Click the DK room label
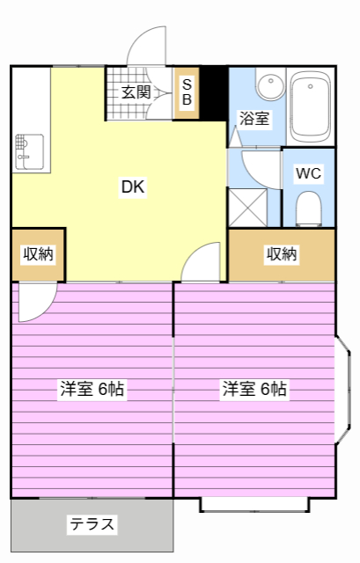click(132, 186)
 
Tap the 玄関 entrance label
click(136, 91)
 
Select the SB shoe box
click(187, 92)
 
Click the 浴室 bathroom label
click(254, 119)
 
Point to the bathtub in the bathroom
click(309, 106)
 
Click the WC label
click(308, 172)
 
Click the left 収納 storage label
click(38, 254)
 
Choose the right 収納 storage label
click(282, 254)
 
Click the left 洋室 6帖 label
click(92, 389)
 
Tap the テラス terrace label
click(92, 525)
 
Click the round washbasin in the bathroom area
click(270, 85)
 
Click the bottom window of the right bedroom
click(253, 504)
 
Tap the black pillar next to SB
click(212, 92)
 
